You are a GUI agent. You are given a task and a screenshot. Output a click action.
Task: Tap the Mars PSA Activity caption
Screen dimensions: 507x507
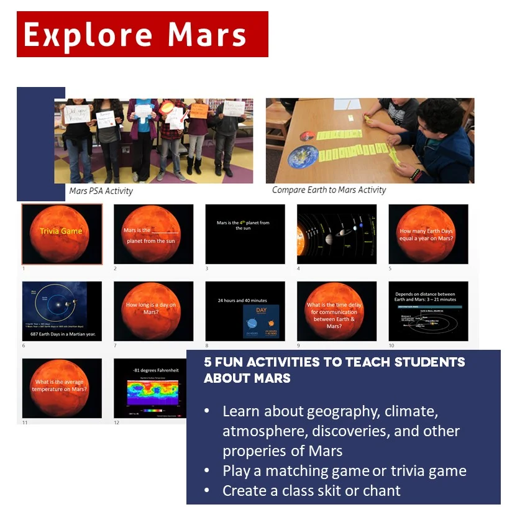(x=101, y=191)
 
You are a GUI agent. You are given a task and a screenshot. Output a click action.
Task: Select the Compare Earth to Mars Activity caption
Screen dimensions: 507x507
(x=329, y=190)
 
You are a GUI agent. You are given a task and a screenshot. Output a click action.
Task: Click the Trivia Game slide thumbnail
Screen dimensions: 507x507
(x=62, y=234)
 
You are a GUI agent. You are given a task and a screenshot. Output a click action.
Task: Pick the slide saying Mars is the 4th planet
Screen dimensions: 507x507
(x=245, y=234)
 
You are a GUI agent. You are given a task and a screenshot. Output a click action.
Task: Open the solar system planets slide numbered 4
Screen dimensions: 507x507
(x=336, y=234)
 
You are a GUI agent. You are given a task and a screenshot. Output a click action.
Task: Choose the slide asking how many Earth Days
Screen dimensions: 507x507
(x=428, y=234)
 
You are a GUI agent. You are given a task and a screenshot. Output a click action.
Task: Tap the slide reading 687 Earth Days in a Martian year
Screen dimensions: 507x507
(x=62, y=311)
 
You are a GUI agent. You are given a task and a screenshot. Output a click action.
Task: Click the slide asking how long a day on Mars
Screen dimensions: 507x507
(x=153, y=311)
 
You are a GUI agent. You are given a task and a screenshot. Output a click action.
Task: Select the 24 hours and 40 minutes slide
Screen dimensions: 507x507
(x=245, y=311)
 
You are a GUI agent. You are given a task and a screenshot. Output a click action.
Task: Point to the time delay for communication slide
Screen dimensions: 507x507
(x=336, y=311)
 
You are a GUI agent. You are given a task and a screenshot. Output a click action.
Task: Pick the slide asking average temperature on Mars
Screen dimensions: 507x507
(x=62, y=388)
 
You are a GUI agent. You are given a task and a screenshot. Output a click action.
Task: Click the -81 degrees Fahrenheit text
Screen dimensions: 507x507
(x=155, y=370)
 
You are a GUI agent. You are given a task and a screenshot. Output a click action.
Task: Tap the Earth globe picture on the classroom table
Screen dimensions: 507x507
(x=303, y=155)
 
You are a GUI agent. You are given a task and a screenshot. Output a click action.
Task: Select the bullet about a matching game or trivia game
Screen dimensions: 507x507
(x=344, y=470)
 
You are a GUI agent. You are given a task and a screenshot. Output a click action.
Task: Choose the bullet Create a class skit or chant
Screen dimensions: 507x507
(x=311, y=490)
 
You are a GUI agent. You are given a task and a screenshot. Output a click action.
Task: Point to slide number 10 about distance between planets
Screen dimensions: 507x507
(x=428, y=311)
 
